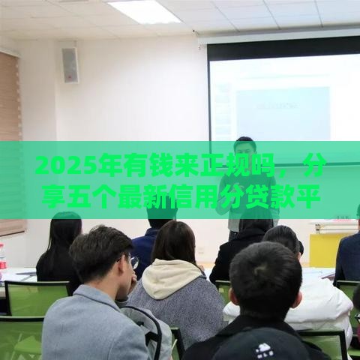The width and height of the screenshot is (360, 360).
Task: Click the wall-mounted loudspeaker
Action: coord(70,64)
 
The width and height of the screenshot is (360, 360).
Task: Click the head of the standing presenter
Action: coord(244,147)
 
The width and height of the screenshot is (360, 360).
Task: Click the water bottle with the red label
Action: coord(2,259)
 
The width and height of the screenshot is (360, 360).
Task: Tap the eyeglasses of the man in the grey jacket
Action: coord(133,260)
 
